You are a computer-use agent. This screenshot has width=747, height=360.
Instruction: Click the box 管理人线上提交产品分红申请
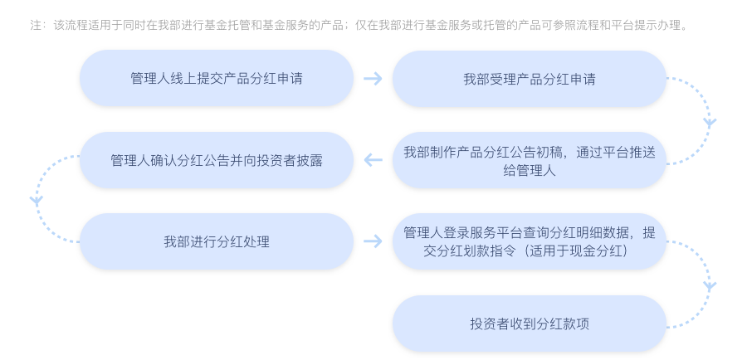click(216, 78)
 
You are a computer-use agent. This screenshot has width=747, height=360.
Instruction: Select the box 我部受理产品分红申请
click(529, 79)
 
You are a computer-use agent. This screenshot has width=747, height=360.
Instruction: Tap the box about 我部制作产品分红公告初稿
click(529, 160)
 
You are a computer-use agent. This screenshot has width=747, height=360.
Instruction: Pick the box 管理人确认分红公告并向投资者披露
click(216, 160)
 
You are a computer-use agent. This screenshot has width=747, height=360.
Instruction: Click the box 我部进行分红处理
click(216, 241)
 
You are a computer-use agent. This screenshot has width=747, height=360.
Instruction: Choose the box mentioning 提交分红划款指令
click(529, 241)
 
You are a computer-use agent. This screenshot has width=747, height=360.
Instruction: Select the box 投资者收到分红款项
click(529, 323)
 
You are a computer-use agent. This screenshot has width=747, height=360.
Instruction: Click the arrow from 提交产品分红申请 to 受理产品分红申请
click(373, 79)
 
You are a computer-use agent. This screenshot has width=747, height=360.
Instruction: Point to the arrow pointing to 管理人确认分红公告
click(373, 160)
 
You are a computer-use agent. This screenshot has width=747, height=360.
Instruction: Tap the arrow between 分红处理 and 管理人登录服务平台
click(373, 241)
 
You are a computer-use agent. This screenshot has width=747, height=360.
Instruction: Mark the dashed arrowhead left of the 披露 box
click(36, 200)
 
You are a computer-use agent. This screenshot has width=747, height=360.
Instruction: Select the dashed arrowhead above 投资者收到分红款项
click(709, 285)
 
